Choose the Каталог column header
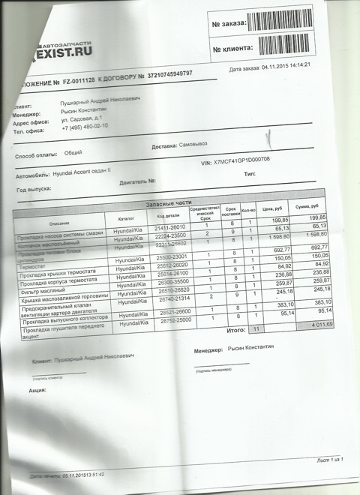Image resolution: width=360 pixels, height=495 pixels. [x=124, y=219]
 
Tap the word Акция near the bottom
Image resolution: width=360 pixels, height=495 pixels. [x=38, y=390]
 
